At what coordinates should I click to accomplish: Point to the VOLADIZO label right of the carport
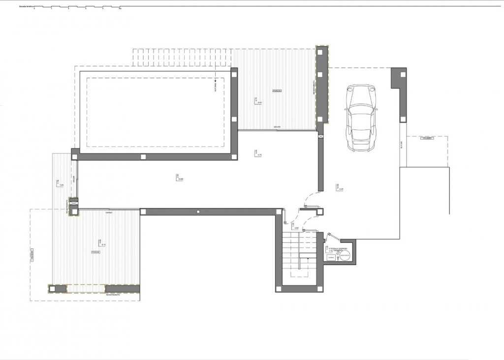(x=427, y=139)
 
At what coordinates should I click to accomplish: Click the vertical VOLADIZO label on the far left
(x=32, y=256)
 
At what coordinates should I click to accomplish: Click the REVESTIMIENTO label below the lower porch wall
(x=115, y=295)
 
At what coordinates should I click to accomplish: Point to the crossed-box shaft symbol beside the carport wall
(x=321, y=136)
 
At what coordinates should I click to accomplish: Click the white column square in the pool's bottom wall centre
(x=143, y=157)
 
